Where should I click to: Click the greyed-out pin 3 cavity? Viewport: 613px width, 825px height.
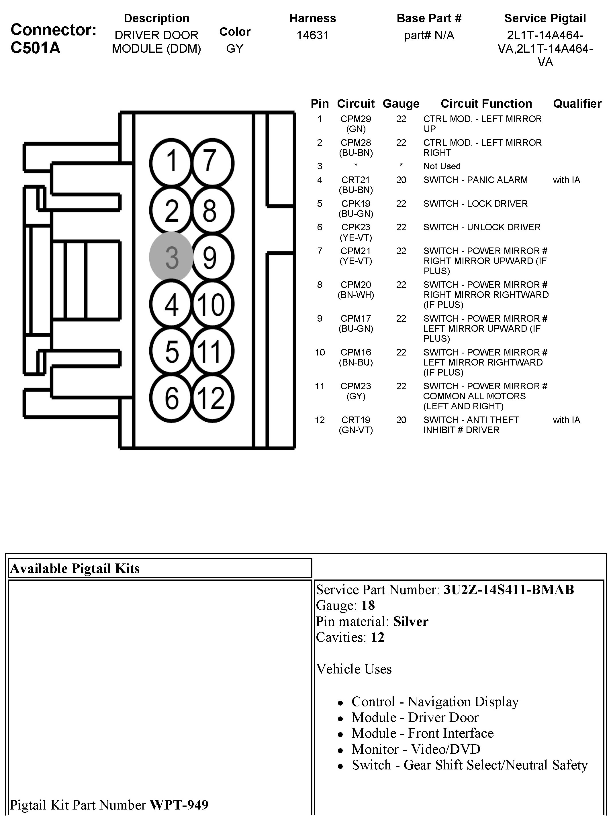click(x=171, y=257)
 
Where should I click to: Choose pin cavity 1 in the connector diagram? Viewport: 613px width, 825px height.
click(x=171, y=162)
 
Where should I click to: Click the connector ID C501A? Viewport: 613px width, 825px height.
click(x=36, y=48)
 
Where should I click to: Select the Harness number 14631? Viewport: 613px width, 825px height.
click(x=312, y=35)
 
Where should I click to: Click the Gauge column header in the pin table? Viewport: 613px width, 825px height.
click(x=401, y=103)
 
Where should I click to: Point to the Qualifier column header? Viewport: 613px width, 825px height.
click(x=577, y=103)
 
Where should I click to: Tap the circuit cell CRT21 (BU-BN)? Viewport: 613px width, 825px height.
click(x=355, y=185)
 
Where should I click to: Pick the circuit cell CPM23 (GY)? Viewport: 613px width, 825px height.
click(x=355, y=391)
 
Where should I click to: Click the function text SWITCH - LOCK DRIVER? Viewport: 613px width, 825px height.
click(x=475, y=204)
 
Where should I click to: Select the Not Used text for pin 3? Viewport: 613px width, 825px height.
click(x=442, y=166)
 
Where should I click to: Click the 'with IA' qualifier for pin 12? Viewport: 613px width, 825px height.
click(x=566, y=420)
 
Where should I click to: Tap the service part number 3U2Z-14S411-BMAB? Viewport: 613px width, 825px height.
click(x=508, y=590)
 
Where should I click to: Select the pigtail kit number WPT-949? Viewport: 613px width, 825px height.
click(x=179, y=805)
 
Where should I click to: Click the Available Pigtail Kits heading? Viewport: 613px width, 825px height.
click(x=75, y=568)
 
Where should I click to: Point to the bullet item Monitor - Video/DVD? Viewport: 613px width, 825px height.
click(x=416, y=749)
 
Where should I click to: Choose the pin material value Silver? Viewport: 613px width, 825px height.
click(x=411, y=621)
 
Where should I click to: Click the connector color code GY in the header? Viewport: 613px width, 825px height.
click(x=234, y=49)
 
